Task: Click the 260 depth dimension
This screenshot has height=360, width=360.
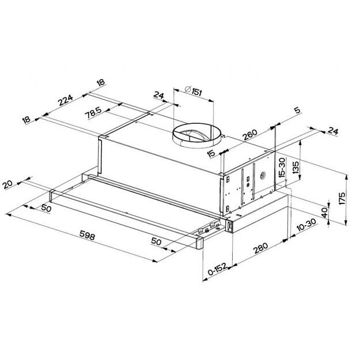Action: click(x=249, y=136)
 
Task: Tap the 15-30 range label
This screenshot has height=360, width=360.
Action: click(x=282, y=168)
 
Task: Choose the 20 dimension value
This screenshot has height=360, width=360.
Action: click(x=7, y=185)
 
